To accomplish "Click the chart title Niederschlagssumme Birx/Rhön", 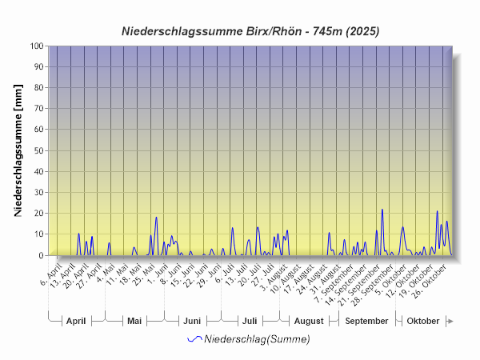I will [x=250, y=31].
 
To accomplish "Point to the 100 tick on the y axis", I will [x=35, y=46].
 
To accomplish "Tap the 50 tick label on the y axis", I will [x=38, y=151].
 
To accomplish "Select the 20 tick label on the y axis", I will [x=38, y=214].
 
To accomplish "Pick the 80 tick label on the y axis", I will [x=38, y=88].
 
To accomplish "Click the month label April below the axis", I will [x=76, y=321].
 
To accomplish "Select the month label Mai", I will [x=134, y=321].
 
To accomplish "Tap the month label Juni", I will [x=192, y=321].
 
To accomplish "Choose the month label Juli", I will [x=250, y=321].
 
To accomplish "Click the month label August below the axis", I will [x=309, y=321].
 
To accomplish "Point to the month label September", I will [x=367, y=321].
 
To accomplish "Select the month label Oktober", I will [x=423, y=321].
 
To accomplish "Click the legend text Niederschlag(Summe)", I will [x=257, y=339].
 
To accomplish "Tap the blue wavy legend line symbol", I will [x=194, y=339].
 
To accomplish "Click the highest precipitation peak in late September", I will [x=382, y=210].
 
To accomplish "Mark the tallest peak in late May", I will [x=156, y=218].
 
